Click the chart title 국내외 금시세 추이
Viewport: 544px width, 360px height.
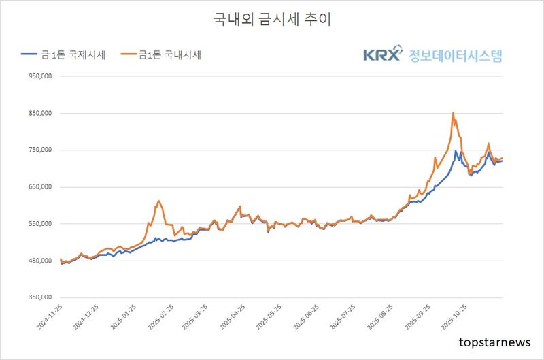[x=272, y=20]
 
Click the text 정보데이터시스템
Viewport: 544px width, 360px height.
[x=456, y=55]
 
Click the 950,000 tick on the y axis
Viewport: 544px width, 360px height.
[x=38, y=77]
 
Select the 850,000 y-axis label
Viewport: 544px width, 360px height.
[x=38, y=114]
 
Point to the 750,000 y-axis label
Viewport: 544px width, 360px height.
[x=38, y=150]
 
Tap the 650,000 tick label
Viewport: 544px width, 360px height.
[x=38, y=187]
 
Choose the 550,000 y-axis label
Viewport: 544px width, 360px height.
[x=38, y=224]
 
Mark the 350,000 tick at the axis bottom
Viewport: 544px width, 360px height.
[x=38, y=297]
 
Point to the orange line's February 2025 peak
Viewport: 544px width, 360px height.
[x=158, y=201]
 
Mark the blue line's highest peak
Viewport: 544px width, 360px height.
[x=456, y=151]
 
